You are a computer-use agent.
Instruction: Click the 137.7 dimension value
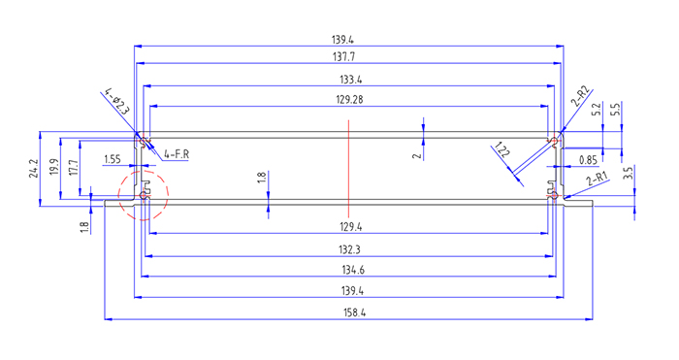tap(343, 56)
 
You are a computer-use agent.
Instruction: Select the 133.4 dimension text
tap(350, 80)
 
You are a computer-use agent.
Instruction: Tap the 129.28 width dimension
tap(349, 100)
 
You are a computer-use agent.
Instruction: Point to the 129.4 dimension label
tap(350, 226)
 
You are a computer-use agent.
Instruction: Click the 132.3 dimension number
tap(349, 250)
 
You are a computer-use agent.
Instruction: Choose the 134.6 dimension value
tap(353, 271)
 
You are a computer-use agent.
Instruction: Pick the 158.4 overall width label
tap(354, 312)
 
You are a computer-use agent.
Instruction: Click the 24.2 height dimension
tap(34, 169)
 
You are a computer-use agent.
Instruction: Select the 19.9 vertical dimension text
tap(54, 167)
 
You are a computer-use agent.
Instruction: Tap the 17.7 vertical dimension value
tap(74, 167)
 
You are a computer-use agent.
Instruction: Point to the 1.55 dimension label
tap(113, 159)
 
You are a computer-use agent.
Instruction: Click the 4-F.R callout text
tap(177, 154)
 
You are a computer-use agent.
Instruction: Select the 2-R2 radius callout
tap(581, 96)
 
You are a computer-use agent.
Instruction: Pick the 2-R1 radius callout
tap(598, 179)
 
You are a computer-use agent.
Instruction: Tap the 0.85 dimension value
tap(589, 160)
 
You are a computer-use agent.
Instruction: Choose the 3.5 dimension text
tap(629, 173)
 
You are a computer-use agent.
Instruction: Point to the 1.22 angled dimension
tap(502, 149)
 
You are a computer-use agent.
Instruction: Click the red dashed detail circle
tap(144, 171)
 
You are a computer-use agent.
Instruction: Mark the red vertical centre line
tap(348, 169)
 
